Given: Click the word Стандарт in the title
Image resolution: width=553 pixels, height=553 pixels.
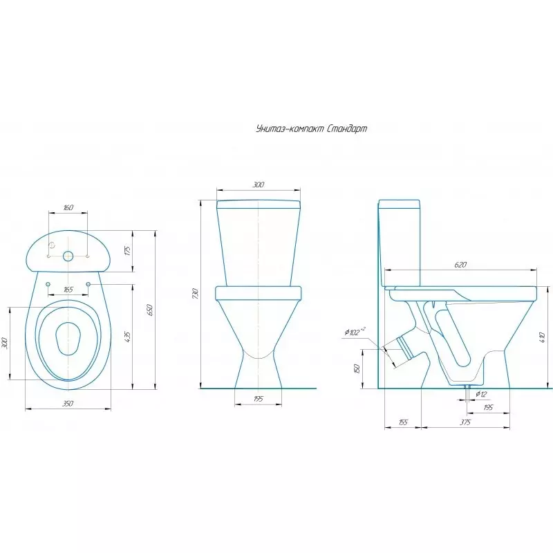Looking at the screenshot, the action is click(344, 129).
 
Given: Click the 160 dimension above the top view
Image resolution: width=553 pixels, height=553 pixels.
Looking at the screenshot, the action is click(68, 207).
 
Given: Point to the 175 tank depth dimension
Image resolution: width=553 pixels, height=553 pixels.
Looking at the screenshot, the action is click(128, 250).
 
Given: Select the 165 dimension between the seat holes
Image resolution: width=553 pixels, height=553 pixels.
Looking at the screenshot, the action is click(68, 290).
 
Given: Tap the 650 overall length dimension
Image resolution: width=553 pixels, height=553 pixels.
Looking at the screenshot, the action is click(150, 310).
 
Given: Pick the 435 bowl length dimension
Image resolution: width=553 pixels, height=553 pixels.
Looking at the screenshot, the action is click(128, 337).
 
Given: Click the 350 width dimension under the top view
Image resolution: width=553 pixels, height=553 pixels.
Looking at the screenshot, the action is click(68, 404).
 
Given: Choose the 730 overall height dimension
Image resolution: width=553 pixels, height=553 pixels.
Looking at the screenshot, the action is click(196, 294).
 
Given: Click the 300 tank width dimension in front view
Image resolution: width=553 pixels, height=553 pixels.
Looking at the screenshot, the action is click(259, 185).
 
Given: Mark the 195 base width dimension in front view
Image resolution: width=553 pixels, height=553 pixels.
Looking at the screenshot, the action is click(259, 399).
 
